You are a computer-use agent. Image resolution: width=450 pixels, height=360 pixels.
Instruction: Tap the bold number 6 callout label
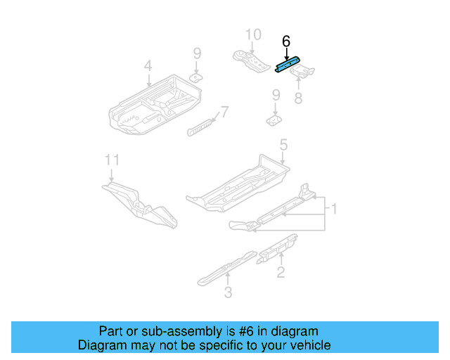(x=285, y=41)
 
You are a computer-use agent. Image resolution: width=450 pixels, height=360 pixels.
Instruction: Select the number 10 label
(x=252, y=34)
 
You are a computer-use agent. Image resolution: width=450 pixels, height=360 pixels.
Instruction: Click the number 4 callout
(x=148, y=66)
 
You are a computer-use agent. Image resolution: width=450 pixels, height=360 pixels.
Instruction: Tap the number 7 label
(x=224, y=111)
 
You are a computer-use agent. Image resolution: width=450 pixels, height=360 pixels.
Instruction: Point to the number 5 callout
(x=283, y=145)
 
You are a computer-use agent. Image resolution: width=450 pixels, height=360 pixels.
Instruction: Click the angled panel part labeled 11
(x=141, y=203)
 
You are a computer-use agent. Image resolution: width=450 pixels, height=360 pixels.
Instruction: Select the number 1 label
(x=335, y=208)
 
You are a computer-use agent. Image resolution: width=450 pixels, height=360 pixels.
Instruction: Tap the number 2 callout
(x=281, y=272)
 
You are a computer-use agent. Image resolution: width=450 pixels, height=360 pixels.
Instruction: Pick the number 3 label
(x=228, y=292)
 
